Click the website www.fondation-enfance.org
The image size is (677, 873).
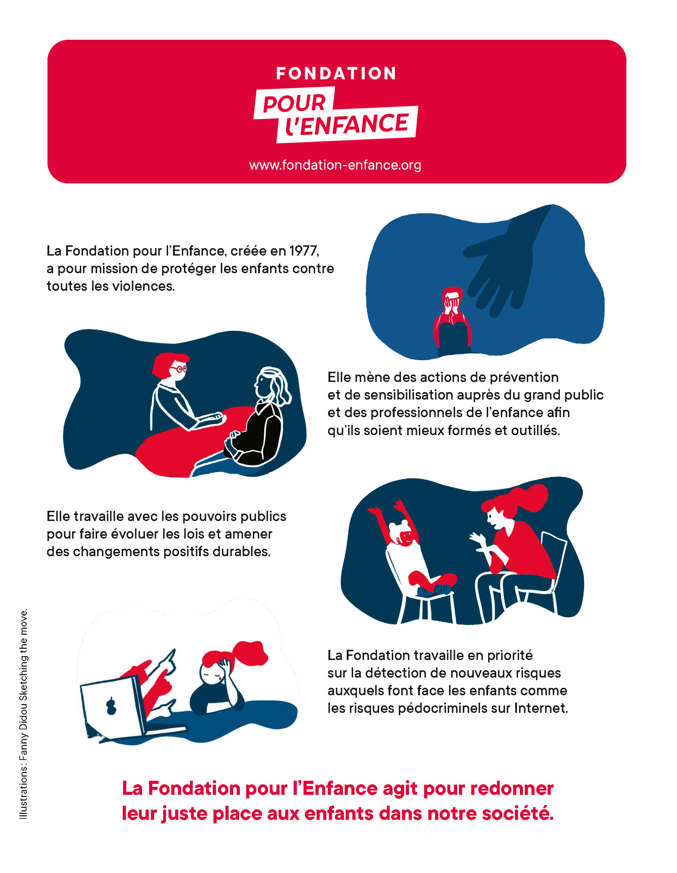click(335, 165)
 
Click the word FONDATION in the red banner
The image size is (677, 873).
click(336, 74)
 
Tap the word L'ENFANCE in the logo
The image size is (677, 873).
click(347, 124)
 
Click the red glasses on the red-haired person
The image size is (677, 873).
click(179, 369)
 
